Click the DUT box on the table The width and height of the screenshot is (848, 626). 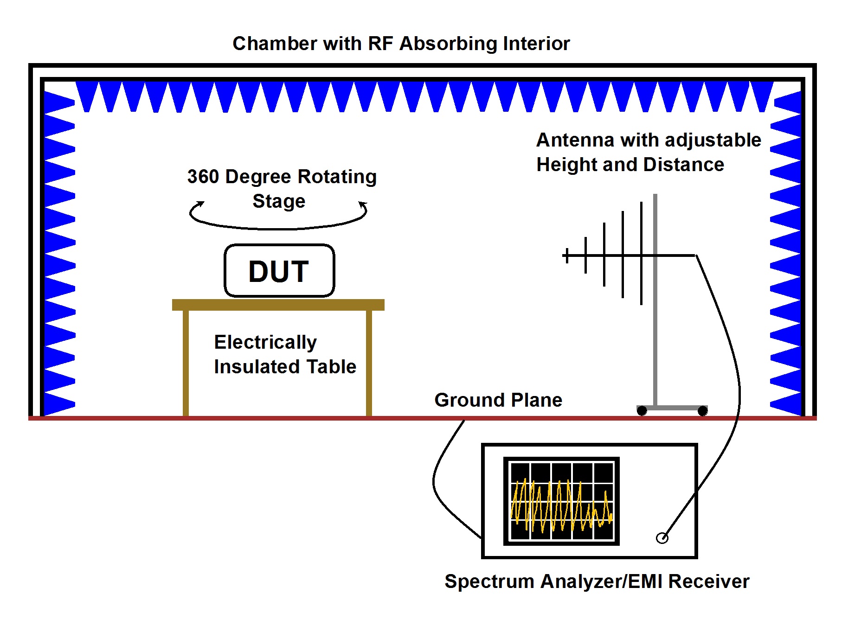(279, 270)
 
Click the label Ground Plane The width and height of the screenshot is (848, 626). (498, 400)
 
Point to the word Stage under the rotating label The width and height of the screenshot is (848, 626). (279, 201)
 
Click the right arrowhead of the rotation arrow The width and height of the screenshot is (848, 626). (363, 204)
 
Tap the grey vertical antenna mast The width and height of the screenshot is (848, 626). (655, 325)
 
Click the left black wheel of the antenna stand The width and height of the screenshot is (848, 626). (642, 411)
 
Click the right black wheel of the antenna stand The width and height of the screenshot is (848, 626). (703, 411)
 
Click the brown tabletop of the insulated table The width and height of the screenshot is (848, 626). (278, 305)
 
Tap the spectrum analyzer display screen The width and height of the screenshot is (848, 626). (561, 501)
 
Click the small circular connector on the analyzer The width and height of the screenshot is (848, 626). (662, 538)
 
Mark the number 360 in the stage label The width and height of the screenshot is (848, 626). (203, 177)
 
